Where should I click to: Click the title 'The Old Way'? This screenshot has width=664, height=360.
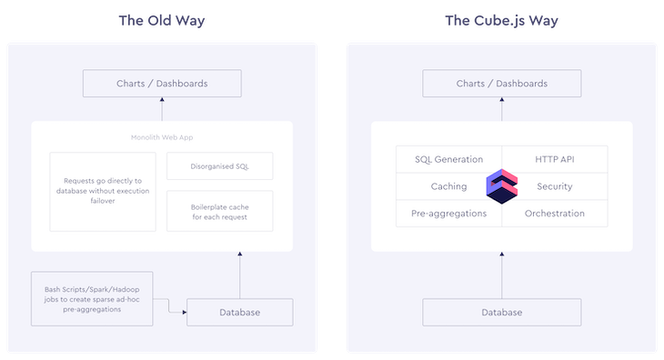point(162,20)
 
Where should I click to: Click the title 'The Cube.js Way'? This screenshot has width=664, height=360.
point(501,20)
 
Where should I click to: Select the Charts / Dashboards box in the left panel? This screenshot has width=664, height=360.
point(162,84)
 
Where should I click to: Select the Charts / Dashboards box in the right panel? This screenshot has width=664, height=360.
point(502,84)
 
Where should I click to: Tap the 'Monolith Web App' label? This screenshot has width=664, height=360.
point(162,137)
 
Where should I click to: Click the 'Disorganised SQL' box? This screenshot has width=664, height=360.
point(220,165)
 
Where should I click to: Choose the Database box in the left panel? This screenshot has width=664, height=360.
point(239,313)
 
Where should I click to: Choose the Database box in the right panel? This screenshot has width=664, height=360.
point(502,313)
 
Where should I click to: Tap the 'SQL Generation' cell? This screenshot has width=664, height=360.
point(448,159)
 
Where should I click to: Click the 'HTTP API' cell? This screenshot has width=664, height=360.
point(555,159)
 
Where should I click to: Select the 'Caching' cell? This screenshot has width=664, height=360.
point(448,186)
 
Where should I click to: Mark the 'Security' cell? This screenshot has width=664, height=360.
point(555,186)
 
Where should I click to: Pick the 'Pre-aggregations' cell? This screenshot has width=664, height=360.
point(448,214)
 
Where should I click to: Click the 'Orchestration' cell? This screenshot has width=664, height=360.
point(555,214)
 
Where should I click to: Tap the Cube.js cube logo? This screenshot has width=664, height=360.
point(502,185)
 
